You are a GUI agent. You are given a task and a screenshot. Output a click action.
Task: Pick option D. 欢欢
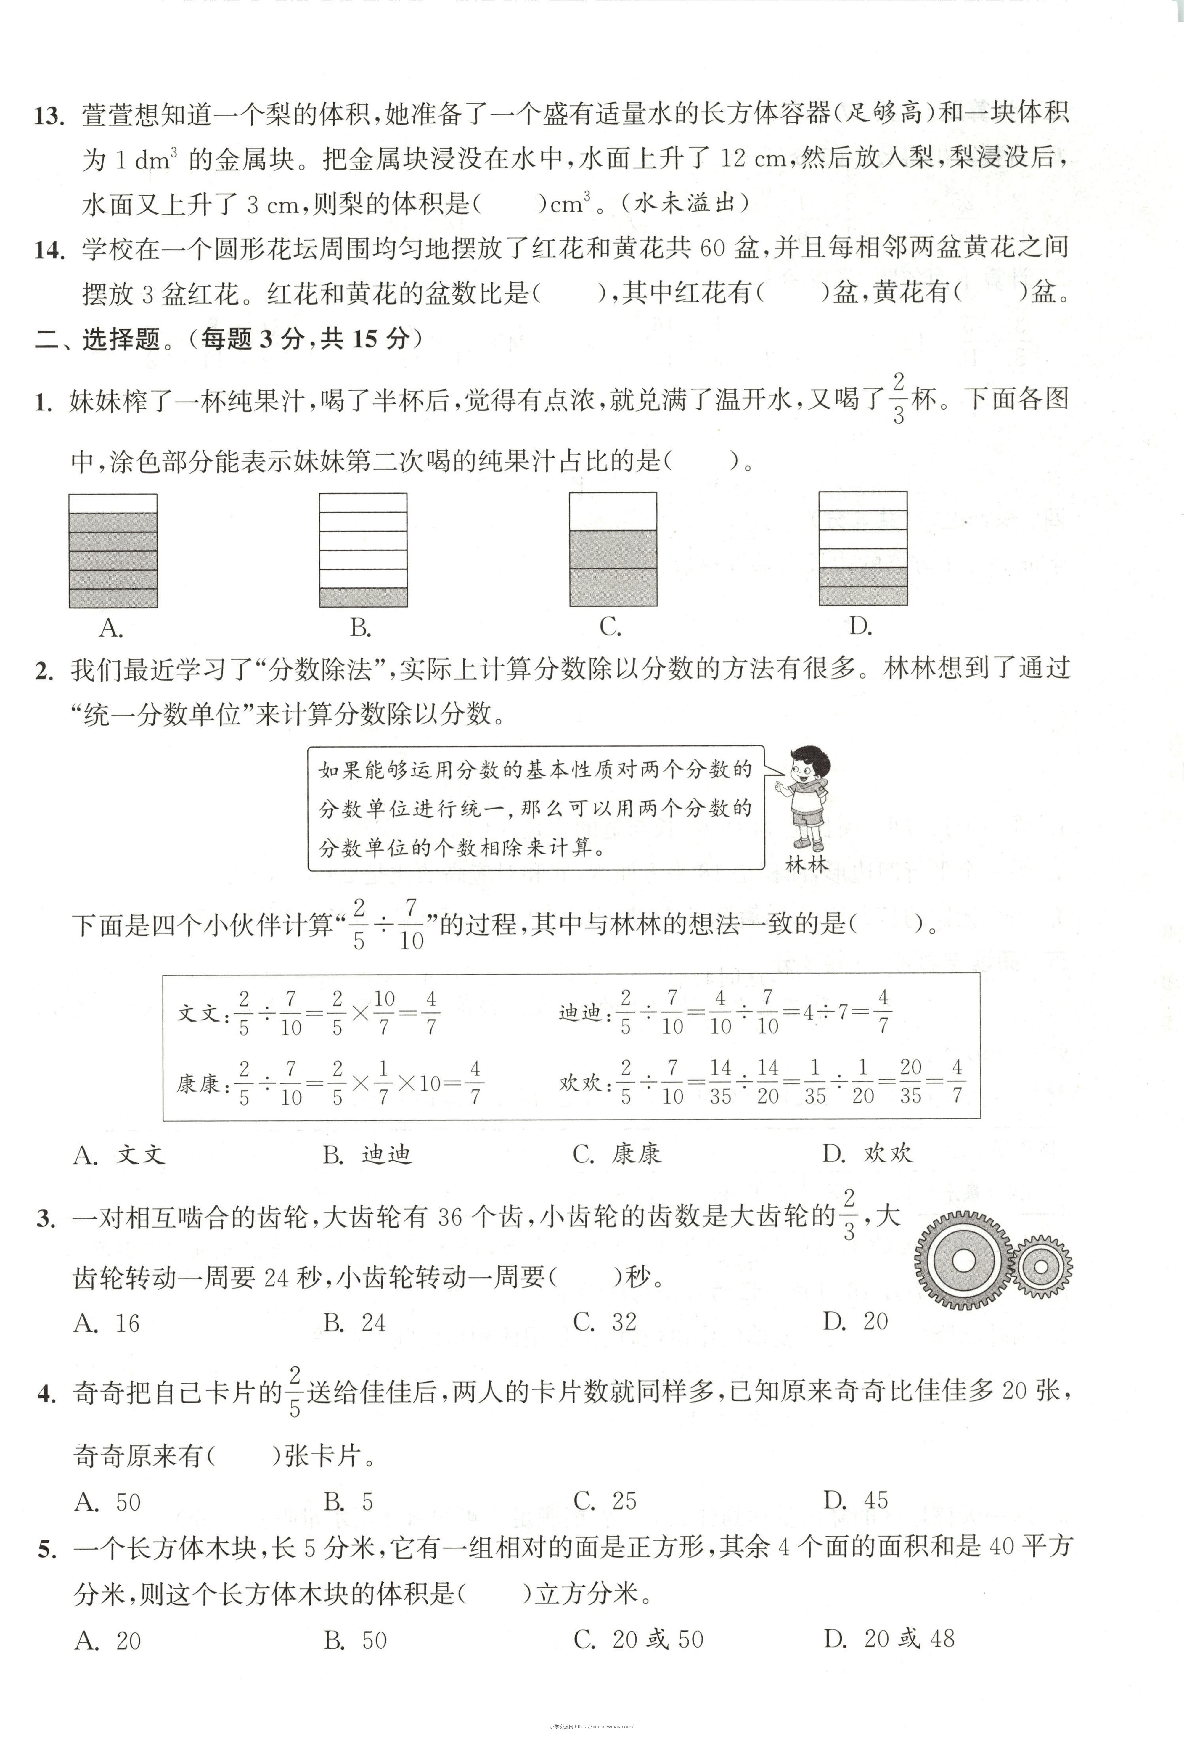868,1153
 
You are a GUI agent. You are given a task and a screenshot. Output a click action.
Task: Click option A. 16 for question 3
107,1323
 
